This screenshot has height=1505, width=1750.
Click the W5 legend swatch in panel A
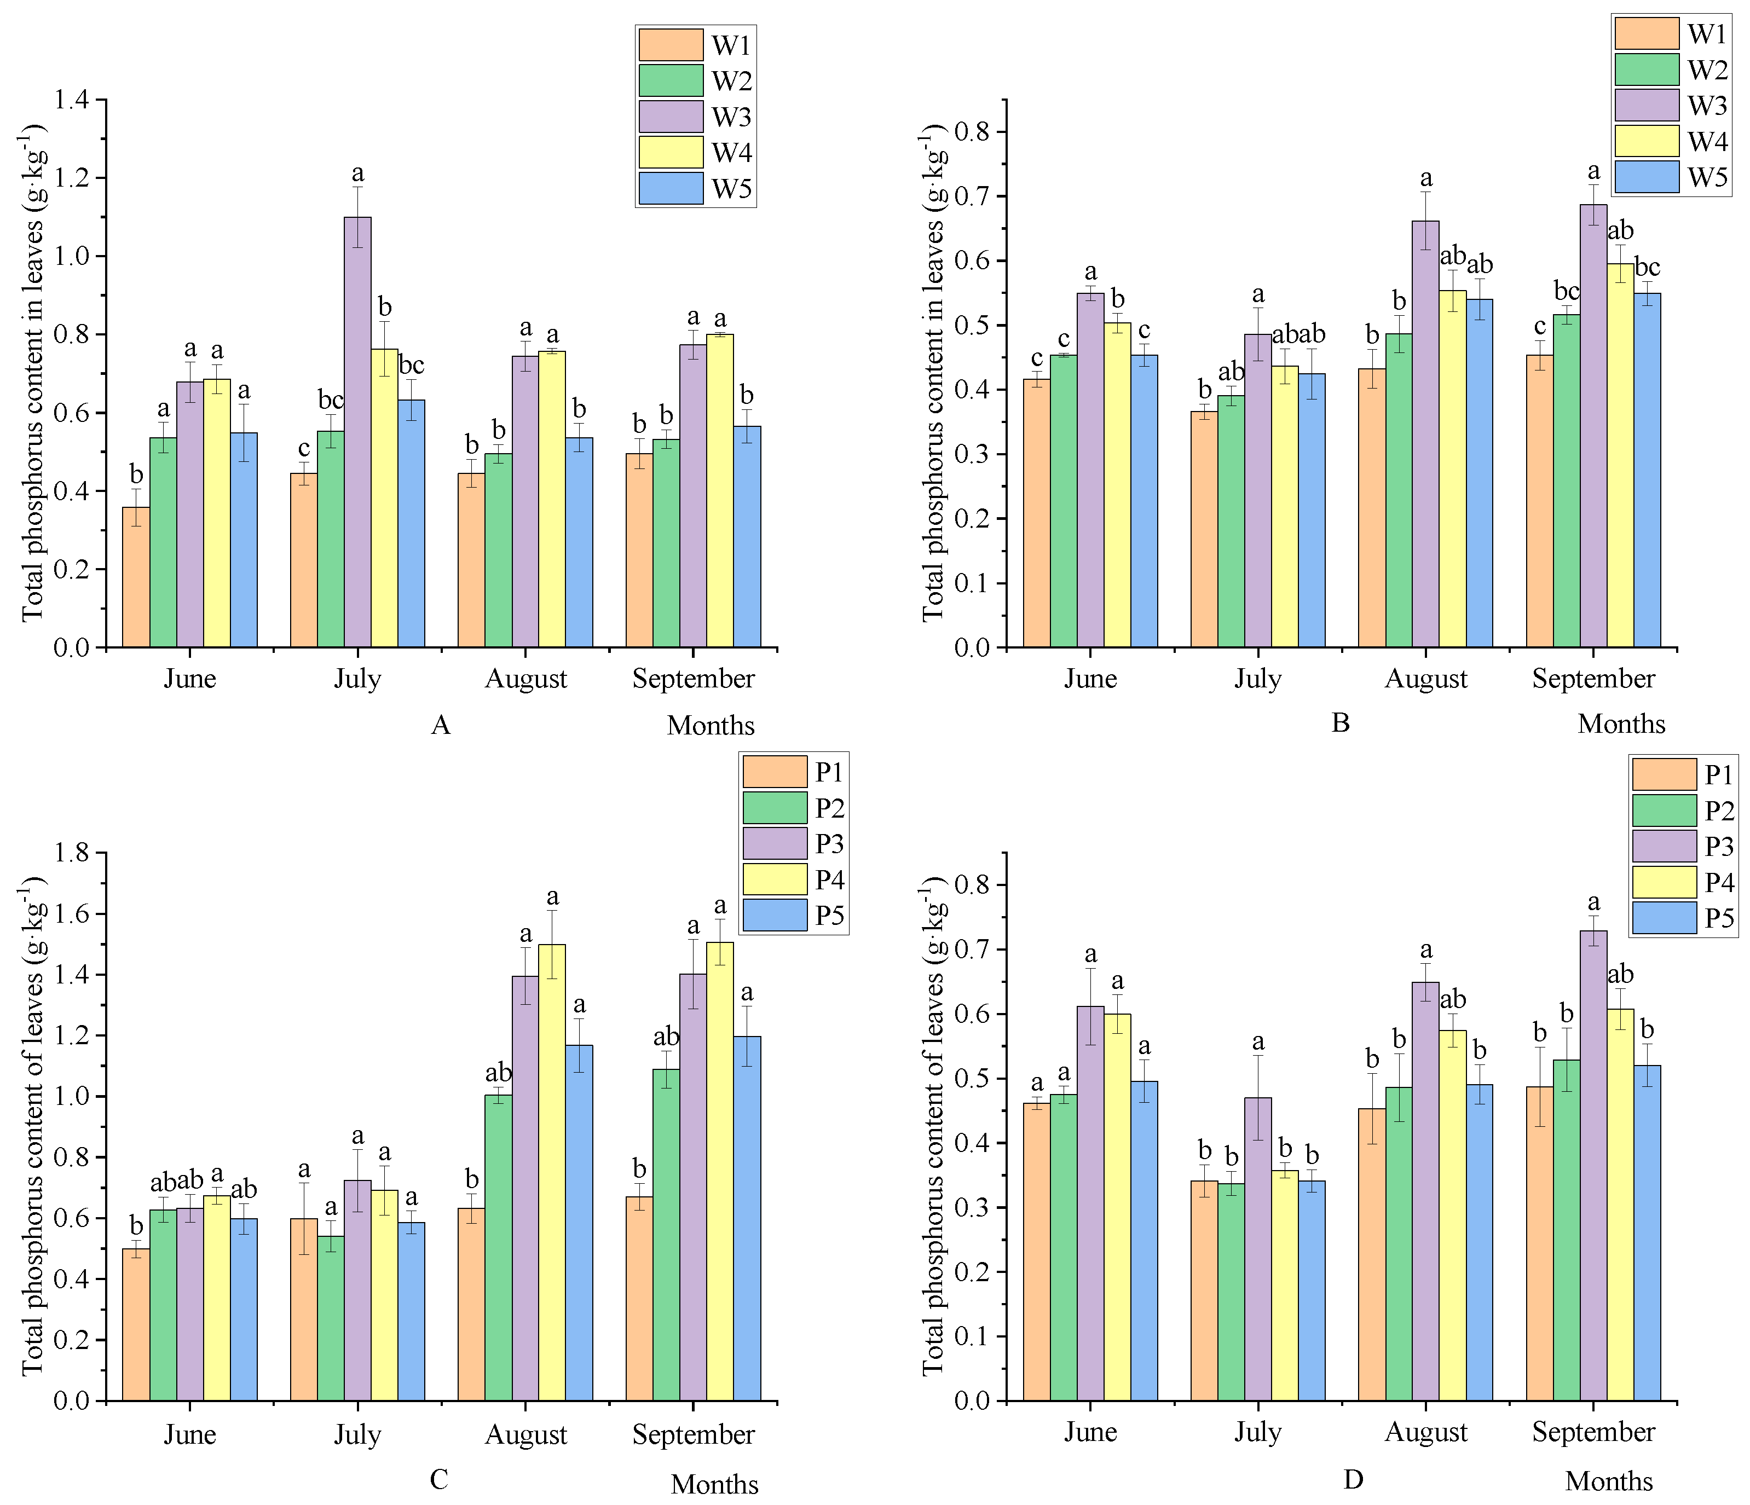tap(671, 188)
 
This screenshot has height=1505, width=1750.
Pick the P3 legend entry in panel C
tap(793, 844)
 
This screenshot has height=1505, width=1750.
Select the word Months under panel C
tap(714, 1484)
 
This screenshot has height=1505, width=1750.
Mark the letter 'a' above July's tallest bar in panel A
tap(357, 174)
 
